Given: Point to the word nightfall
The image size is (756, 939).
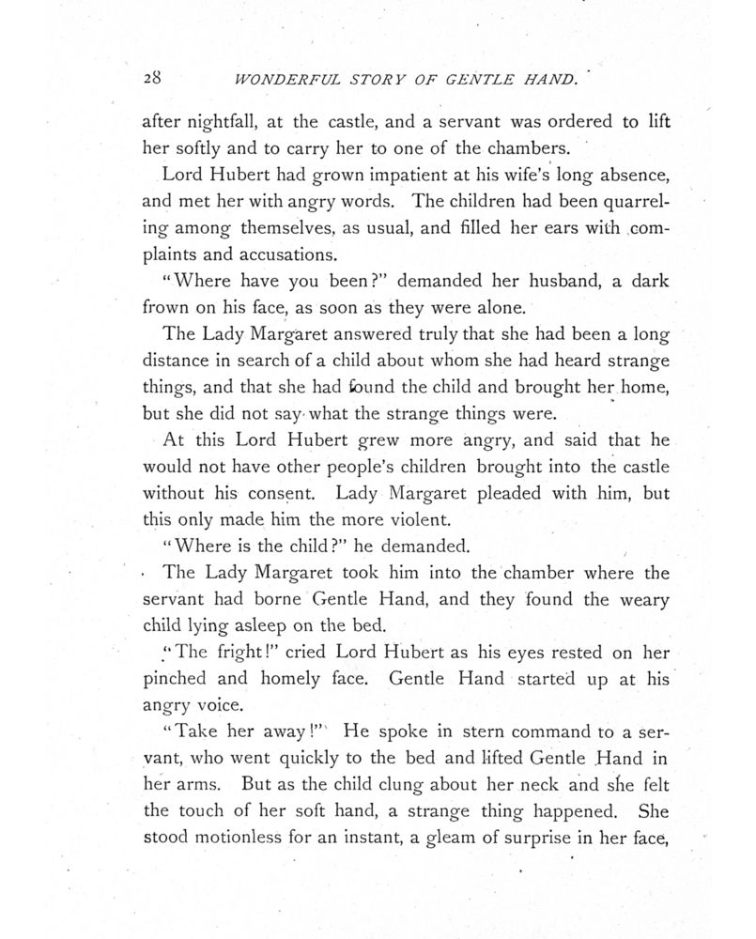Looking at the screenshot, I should [212, 122].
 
